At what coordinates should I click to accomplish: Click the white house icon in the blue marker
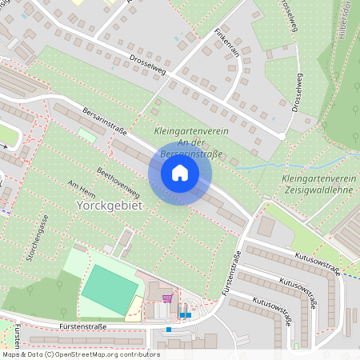[x=180, y=173]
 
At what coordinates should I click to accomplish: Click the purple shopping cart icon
[x=167, y=298]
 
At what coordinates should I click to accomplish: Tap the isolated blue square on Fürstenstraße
[x=169, y=329]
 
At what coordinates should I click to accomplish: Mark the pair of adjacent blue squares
[x=186, y=314]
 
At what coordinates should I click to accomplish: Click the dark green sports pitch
[x=110, y=290]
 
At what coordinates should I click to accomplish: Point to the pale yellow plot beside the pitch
[x=134, y=309]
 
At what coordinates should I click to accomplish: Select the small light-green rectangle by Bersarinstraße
[x=86, y=135]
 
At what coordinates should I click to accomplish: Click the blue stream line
[x=256, y=166]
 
